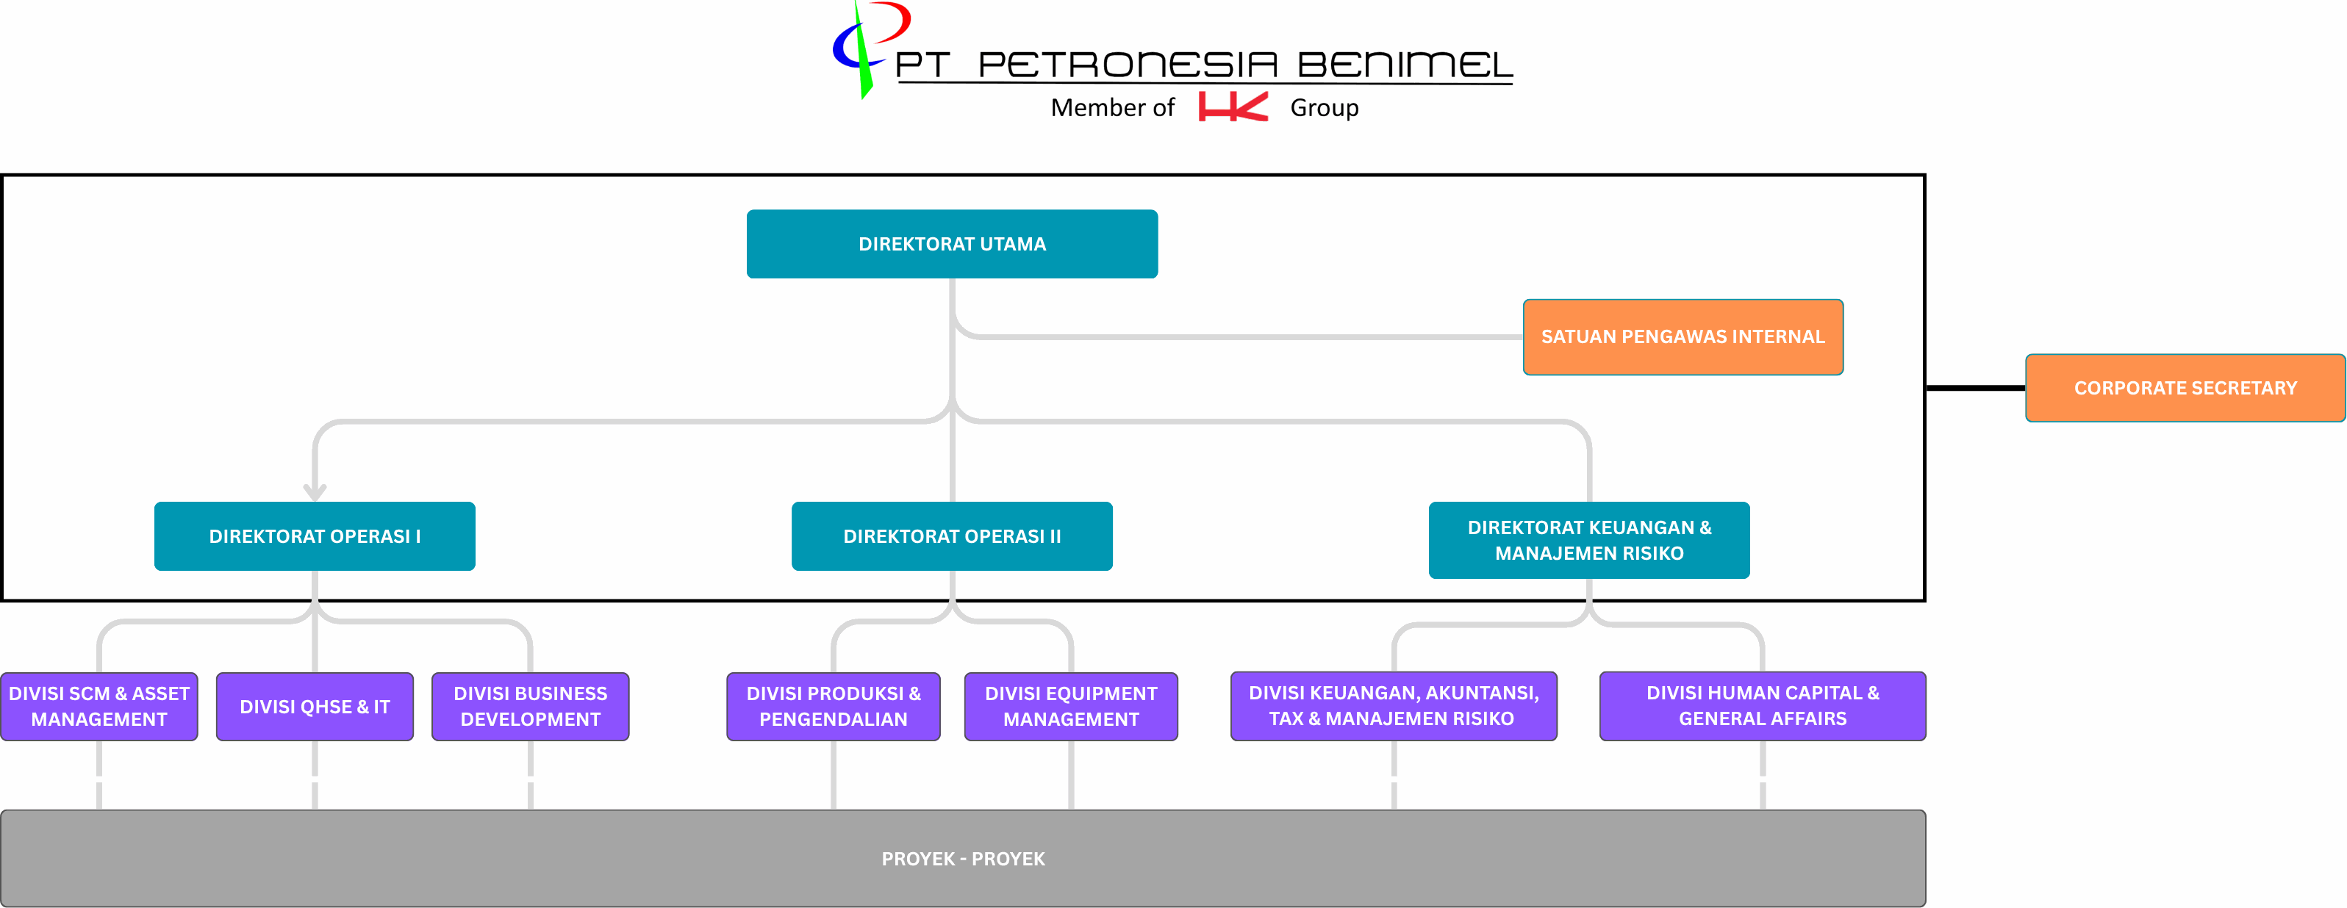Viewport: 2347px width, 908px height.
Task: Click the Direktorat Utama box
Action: click(952, 244)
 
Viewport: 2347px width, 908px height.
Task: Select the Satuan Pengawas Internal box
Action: click(1682, 337)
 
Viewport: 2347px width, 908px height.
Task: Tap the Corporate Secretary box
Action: click(2184, 388)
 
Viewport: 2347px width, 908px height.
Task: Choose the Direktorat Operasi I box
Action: click(315, 536)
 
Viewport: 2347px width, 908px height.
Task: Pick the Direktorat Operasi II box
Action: click(952, 536)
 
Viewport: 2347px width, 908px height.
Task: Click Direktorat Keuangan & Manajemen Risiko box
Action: click(1589, 540)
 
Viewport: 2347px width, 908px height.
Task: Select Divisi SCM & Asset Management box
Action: click(99, 707)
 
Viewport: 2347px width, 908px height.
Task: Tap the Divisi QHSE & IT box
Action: click(315, 707)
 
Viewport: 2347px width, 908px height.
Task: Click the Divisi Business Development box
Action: click(530, 707)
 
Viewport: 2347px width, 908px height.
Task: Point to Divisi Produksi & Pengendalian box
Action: click(834, 707)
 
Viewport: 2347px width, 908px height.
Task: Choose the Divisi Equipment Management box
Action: click(1070, 707)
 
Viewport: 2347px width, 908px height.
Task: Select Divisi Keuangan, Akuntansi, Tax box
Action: click(1393, 706)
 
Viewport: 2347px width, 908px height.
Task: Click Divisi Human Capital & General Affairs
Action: click(1762, 706)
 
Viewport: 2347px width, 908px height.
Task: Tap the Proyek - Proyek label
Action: click(963, 859)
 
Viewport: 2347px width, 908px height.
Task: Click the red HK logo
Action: click(1232, 107)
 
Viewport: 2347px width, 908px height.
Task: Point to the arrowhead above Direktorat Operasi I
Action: click(315, 493)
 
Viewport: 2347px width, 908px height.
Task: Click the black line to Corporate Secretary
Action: click(1975, 388)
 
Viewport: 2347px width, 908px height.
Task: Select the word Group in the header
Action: click(1324, 109)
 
